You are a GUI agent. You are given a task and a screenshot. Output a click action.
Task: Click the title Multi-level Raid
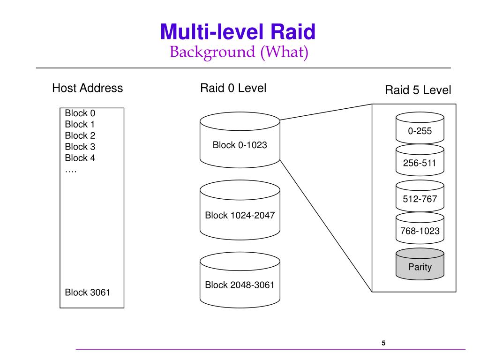(238, 31)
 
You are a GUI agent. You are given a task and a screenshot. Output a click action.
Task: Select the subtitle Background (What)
(239, 52)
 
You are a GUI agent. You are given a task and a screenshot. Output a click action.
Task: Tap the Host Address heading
(88, 88)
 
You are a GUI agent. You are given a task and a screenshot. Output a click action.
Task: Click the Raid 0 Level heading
(233, 88)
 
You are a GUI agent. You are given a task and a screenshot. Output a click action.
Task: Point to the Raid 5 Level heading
(418, 90)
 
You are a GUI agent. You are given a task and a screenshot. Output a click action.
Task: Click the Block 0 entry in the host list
(80, 113)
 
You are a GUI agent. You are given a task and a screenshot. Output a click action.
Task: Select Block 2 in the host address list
(80, 135)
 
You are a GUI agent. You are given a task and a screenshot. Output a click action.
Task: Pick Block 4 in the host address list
(80, 158)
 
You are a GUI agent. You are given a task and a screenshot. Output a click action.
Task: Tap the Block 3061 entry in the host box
(88, 292)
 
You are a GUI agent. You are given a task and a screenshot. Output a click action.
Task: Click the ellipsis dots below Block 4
(71, 172)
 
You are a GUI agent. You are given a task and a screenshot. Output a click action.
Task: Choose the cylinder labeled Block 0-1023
(240, 140)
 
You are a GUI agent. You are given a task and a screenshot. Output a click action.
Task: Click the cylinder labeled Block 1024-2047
(240, 210)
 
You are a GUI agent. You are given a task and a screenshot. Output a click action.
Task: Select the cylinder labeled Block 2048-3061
(240, 280)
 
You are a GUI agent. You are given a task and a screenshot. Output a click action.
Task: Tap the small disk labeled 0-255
(420, 127)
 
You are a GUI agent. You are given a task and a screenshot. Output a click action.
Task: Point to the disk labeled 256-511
(420, 160)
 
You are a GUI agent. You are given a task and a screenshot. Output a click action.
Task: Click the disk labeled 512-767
(420, 196)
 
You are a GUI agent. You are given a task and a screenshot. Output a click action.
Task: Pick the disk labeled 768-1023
(420, 228)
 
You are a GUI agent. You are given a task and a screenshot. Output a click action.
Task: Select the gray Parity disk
(420, 264)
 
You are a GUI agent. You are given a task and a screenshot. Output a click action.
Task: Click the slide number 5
(383, 343)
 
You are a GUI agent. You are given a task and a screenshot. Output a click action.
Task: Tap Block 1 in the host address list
(80, 124)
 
